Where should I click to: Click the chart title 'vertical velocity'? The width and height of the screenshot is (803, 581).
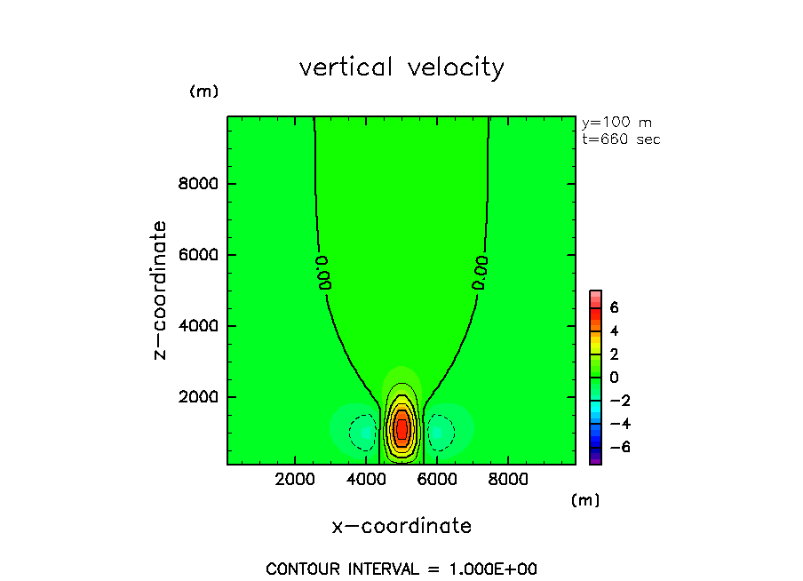click(x=401, y=68)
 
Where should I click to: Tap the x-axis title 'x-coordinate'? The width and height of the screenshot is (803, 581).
click(x=401, y=526)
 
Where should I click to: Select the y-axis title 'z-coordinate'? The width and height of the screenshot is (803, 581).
click(x=161, y=290)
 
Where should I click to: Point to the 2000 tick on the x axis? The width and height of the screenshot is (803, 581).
click(x=296, y=481)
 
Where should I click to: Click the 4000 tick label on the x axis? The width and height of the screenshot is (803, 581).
click(x=366, y=481)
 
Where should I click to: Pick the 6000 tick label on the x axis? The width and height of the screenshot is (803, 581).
click(x=436, y=481)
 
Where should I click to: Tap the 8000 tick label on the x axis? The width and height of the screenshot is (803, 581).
click(x=506, y=481)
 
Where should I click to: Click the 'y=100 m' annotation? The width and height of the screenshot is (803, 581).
click(x=616, y=123)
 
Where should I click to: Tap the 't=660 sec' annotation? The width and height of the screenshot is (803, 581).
click(x=621, y=139)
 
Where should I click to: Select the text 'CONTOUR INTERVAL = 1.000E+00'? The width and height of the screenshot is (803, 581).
click(x=401, y=569)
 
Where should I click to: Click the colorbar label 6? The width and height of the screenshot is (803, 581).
click(x=614, y=307)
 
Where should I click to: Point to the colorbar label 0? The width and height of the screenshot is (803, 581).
click(x=614, y=378)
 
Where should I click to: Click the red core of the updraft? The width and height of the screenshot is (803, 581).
click(x=401, y=429)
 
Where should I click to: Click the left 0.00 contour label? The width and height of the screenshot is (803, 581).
click(x=324, y=272)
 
